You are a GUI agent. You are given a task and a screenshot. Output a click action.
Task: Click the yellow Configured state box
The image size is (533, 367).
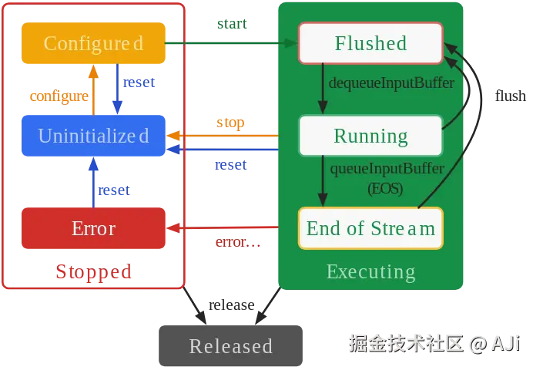click(x=93, y=43)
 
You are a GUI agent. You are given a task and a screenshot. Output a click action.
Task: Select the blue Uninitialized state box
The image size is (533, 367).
click(x=93, y=136)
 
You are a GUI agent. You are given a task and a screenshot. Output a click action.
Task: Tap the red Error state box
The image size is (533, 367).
click(x=93, y=228)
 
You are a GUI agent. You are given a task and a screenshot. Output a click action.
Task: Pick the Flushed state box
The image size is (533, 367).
click(x=370, y=43)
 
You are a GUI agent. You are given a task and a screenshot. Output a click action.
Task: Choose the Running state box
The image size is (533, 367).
click(x=370, y=136)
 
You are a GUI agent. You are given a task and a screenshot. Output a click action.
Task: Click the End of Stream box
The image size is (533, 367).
click(x=370, y=228)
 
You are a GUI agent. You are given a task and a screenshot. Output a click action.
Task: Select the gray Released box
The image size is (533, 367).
click(x=231, y=345)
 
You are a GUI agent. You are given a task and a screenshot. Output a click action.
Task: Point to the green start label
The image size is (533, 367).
click(x=232, y=23)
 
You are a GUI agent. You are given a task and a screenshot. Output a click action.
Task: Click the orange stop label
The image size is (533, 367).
click(x=230, y=123)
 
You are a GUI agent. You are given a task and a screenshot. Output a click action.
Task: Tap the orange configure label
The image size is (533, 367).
click(x=59, y=96)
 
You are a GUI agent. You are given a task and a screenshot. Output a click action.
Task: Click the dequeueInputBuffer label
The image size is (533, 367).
click(x=391, y=83)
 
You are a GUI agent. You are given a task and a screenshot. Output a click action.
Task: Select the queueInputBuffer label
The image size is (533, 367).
click(x=387, y=169)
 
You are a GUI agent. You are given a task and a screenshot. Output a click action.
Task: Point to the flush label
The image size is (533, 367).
click(x=511, y=96)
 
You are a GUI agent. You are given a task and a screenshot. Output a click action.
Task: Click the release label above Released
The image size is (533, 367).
click(x=232, y=305)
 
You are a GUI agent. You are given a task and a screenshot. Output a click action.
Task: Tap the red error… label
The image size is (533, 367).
click(x=238, y=242)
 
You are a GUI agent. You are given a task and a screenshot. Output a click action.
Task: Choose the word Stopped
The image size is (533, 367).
click(x=93, y=271)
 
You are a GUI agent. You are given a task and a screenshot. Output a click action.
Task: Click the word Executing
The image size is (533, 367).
click(x=370, y=272)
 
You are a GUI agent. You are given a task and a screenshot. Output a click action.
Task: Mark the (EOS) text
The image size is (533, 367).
click(x=385, y=188)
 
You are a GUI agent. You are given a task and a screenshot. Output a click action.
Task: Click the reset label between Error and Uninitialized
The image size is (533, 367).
click(x=114, y=190)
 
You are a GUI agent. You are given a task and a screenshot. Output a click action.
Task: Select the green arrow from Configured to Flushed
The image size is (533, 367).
click(x=232, y=43)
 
